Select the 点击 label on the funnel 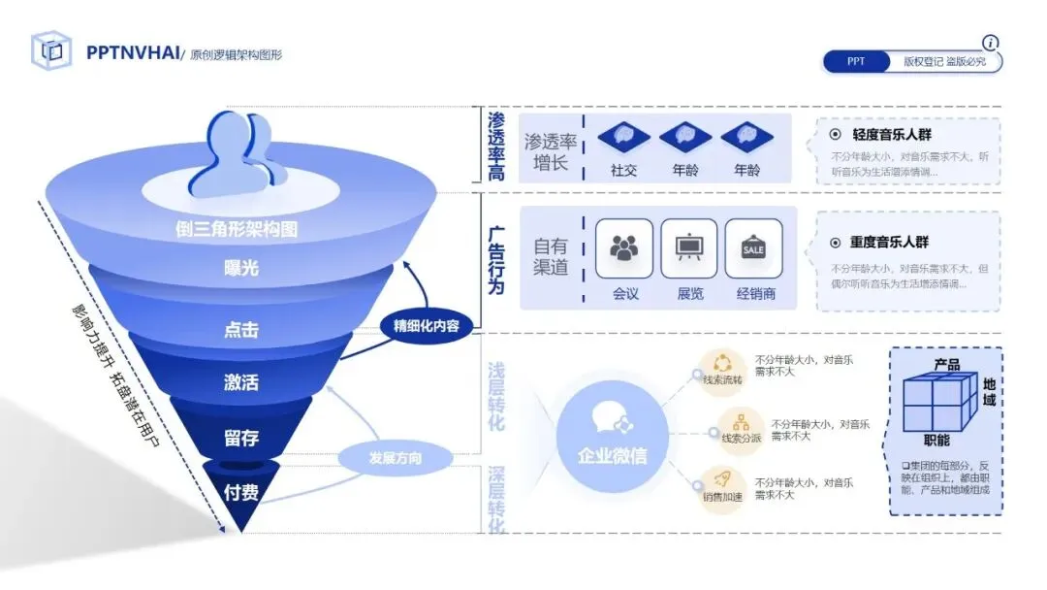tap(241, 330)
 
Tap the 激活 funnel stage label tap(241, 381)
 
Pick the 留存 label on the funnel tap(241, 438)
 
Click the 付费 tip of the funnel tap(241, 493)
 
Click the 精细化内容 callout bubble tap(427, 325)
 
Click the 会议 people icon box tap(624, 248)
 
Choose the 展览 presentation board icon tap(689, 248)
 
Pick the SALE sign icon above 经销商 tap(753, 248)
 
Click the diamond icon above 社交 tap(623, 137)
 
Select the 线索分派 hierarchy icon tap(742, 424)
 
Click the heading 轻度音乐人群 tap(891, 136)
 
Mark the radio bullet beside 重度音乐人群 tap(835, 243)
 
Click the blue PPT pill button tap(856, 61)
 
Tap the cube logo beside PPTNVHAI tap(51, 51)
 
